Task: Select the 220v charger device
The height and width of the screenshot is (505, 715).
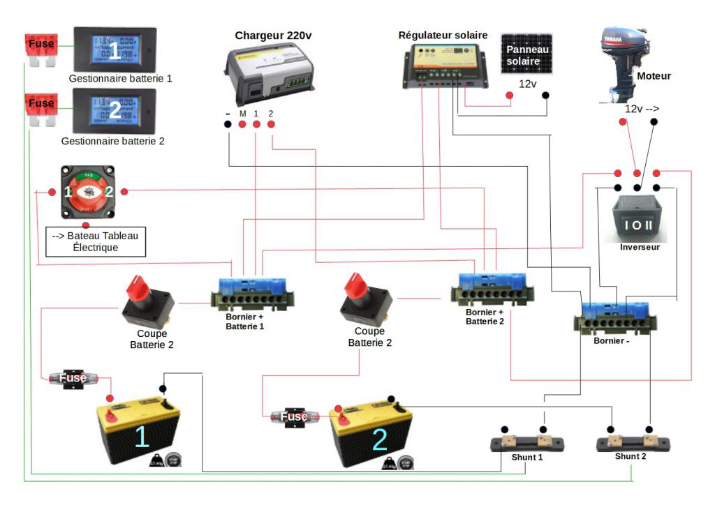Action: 268,73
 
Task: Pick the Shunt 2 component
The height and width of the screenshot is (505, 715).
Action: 633,444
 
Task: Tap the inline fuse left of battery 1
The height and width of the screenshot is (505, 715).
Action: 72,378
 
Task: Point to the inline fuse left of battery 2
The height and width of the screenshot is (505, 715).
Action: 293,417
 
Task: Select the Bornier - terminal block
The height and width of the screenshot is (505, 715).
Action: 614,317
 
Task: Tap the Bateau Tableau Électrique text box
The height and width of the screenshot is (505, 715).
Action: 96,241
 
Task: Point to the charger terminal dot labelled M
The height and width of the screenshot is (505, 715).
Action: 242,125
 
